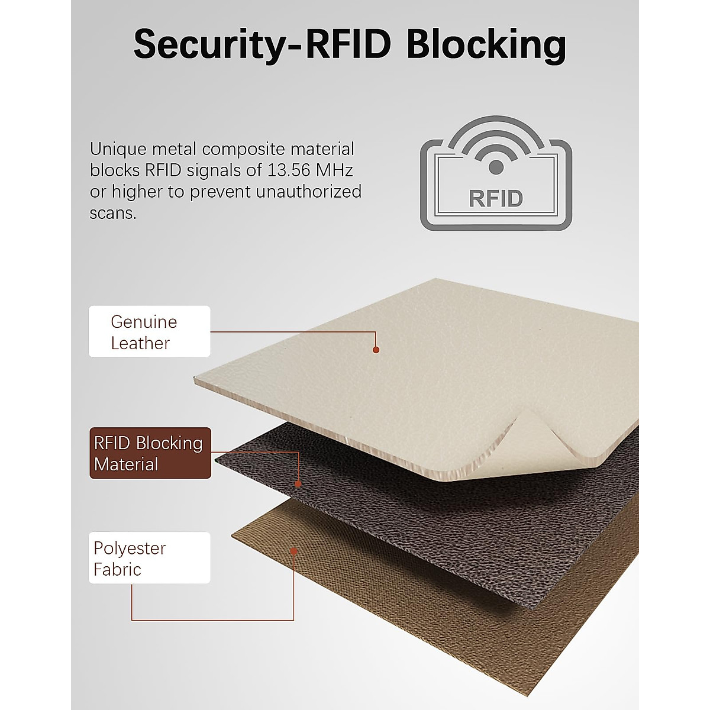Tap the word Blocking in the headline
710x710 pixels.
pyautogui.click(x=486, y=44)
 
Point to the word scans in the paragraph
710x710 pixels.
pyautogui.click(x=112, y=213)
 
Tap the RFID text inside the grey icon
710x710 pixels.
pyautogui.click(x=496, y=199)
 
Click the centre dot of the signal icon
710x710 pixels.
pyautogui.click(x=496, y=167)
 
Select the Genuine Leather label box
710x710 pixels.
pyautogui.click(x=149, y=331)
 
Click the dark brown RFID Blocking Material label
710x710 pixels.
pyautogui.click(x=150, y=453)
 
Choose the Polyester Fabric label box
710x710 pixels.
pyautogui.click(x=149, y=558)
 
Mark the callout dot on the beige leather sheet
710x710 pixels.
pyautogui.click(x=376, y=350)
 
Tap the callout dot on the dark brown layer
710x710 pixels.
pyautogui.click(x=298, y=484)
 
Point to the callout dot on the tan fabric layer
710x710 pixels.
pyautogui.click(x=293, y=551)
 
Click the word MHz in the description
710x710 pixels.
pyautogui.click(x=334, y=170)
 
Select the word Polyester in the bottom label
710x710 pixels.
pyautogui.click(x=130, y=548)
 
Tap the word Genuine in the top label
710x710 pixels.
pyautogui.click(x=144, y=322)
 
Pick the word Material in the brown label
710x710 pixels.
pyautogui.click(x=126, y=464)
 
